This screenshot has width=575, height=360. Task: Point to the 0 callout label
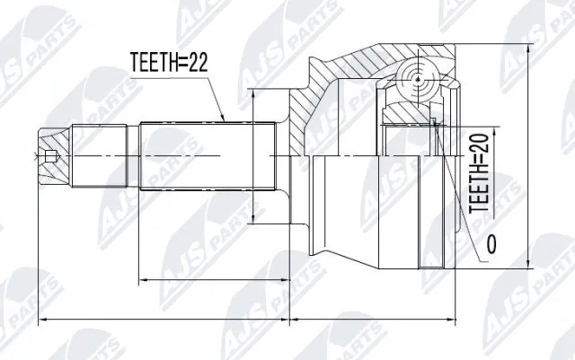(491, 243)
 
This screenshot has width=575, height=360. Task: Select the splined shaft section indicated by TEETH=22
(207, 156)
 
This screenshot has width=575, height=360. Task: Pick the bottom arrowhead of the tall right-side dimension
(528, 266)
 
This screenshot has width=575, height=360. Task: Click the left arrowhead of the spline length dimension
(144, 280)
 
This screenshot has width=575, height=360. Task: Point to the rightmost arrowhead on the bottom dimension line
(451, 320)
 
